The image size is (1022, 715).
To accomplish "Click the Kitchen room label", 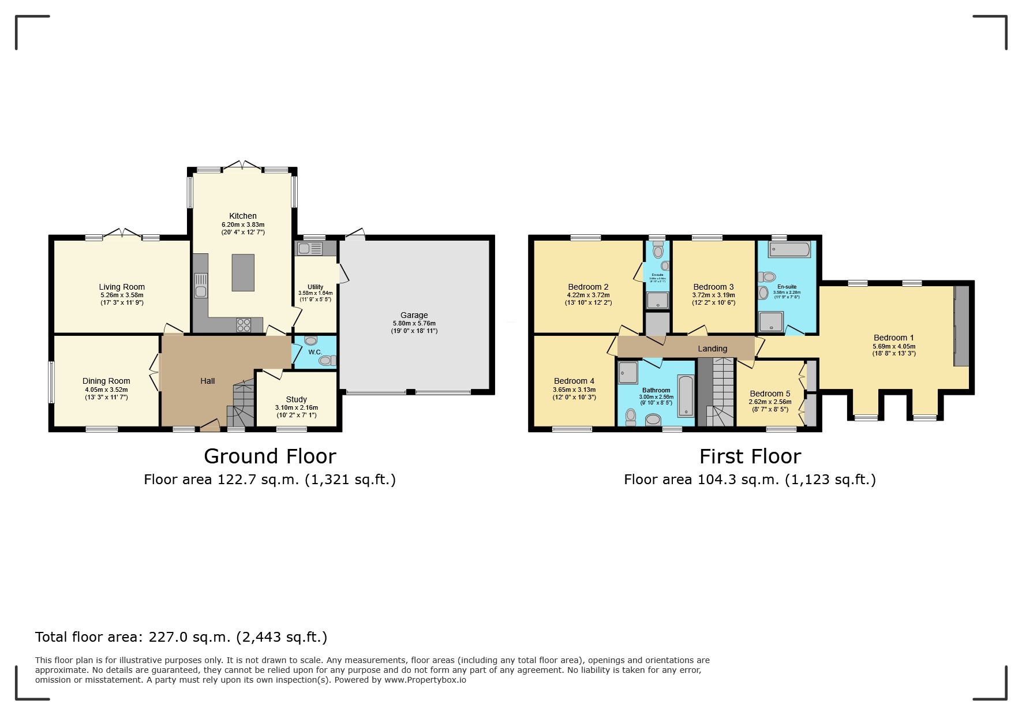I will tap(242, 216).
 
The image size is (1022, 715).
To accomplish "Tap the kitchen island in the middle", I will tap(243, 272).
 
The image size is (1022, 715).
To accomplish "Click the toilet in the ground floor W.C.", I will tap(327, 361).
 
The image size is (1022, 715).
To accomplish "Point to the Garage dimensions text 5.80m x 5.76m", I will tap(414, 323).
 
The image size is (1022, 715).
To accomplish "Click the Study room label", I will tap(296, 399).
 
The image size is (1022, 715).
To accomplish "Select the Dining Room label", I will tap(106, 381).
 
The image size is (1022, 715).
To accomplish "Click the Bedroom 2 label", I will tap(588, 287).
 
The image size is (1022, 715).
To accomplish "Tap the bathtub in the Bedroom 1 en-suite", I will tap(789, 250).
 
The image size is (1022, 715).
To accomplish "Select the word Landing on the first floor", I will tap(712, 349).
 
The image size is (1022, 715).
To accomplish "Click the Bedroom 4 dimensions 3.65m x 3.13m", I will tap(574, 390).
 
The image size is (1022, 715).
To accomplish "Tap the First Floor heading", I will tap(750, 456).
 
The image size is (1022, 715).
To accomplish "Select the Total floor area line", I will tap(181, 637).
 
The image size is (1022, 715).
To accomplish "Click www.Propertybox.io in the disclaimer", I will tap(425, 680).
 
